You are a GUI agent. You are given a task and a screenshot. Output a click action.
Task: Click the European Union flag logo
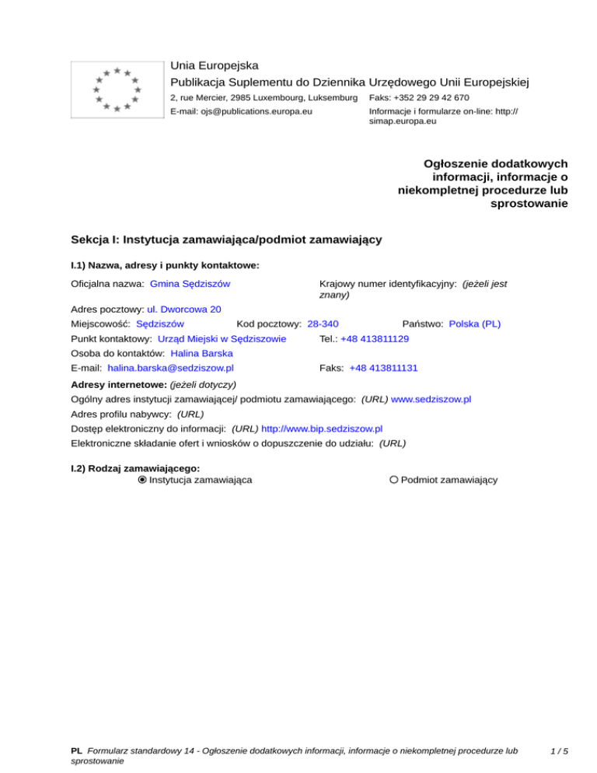tap(117, 89)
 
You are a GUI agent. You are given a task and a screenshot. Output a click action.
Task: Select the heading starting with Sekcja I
tap(225, 240)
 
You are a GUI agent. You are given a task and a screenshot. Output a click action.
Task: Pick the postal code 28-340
tap(323, 324)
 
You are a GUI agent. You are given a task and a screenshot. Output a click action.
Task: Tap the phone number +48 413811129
tap(375, 339)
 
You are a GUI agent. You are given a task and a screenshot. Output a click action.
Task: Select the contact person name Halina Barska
tap(201, 353)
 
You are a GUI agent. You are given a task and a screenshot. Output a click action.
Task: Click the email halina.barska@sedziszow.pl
tap(171, 368)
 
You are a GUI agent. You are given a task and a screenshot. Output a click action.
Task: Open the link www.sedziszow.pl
tap(431, 399)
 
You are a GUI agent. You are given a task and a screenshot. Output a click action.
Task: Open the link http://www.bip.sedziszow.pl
tap(322, 428)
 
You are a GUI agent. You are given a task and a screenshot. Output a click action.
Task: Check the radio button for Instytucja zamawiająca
tap(142, 480)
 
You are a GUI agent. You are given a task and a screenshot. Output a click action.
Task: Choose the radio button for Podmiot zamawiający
tap(394, 480)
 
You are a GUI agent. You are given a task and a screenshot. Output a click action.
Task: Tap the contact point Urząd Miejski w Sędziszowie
tap(222, 339)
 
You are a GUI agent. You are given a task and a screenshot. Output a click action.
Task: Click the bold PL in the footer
tap(76, 751)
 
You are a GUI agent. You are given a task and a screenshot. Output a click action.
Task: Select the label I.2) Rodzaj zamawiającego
tap(135, 468)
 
